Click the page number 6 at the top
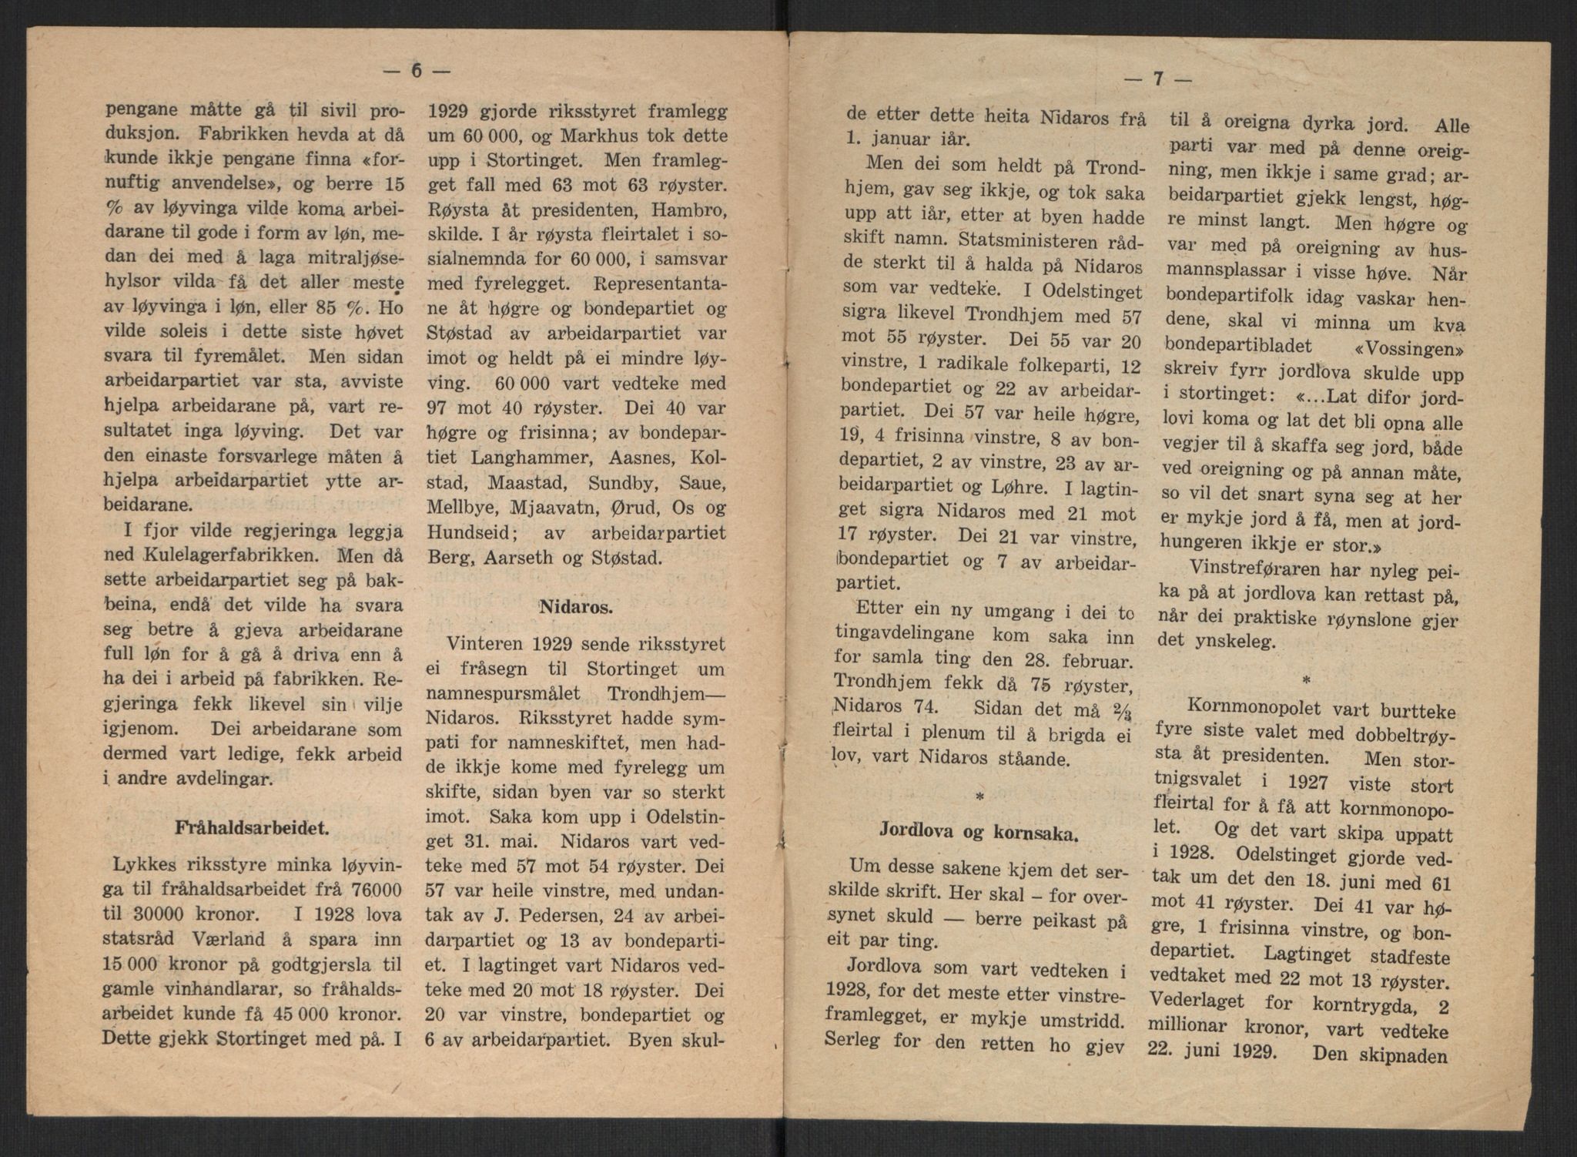pos(417,70)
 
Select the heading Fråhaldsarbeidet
pos(253,829)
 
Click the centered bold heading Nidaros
pos(576,607)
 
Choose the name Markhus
pos(567,136)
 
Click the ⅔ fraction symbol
pos(1114,709)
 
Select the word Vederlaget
pos(1194,1003)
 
